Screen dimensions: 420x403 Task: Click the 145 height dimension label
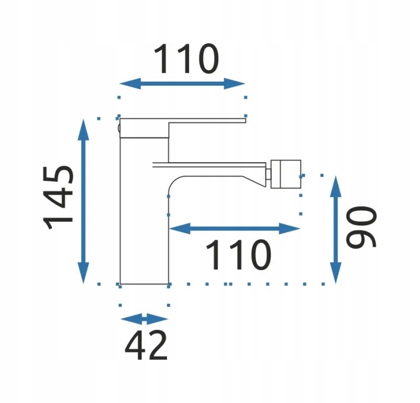click(58, 198)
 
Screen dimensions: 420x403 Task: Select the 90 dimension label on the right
click(362, 226)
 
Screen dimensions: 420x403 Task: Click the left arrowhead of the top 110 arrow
click(130, 83)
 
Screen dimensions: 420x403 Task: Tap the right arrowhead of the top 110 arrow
click(235, 83)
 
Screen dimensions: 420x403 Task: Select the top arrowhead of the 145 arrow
click(83, 130)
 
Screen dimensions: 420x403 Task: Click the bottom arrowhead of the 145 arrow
click(83, 272)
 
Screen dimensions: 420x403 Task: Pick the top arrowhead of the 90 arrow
click(335, 187)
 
